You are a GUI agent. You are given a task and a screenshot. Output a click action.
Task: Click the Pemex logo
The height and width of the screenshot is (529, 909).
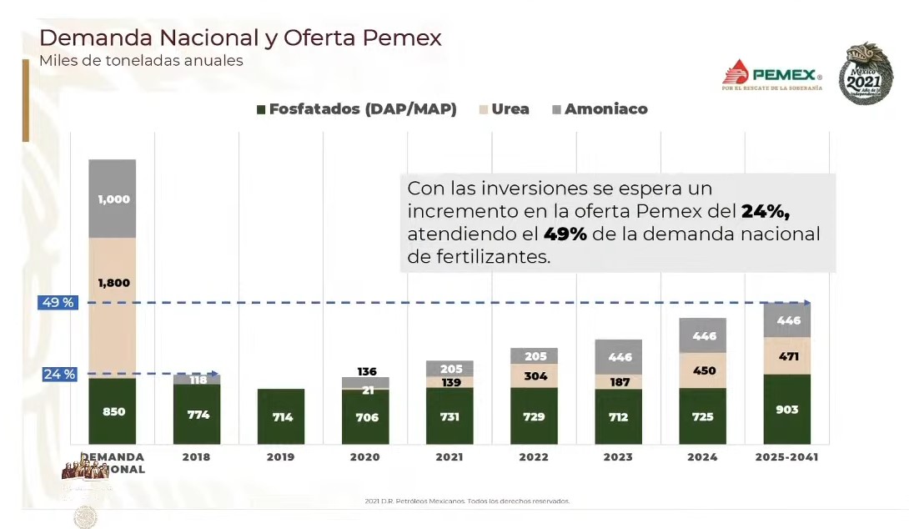(x=771, y=74)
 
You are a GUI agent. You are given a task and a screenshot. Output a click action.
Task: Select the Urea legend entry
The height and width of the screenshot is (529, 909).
(x=504, y=109)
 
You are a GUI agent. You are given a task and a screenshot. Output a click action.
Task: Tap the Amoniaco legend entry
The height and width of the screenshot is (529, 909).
(x=600, y=109)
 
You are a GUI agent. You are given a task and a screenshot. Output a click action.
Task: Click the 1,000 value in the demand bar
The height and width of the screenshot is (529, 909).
(x=113, y=199)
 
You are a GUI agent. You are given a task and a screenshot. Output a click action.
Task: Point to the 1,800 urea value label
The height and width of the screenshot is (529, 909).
(x=113, y=283)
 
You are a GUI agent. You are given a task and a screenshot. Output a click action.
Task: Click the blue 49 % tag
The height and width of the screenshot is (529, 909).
(x=58, y=302)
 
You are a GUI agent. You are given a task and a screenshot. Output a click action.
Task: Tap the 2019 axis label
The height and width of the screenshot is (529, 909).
(x=280, y=457)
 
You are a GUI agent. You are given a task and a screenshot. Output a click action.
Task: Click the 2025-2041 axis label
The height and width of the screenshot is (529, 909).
(x=786, y=457)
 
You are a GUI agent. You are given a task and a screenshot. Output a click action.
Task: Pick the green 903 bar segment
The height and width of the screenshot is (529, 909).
(x=786, y=410)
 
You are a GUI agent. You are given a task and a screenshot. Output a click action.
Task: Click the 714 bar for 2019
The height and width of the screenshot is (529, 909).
(x=281, y=416)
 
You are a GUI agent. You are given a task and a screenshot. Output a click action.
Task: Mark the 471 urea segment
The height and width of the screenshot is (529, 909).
(x=787, y=356)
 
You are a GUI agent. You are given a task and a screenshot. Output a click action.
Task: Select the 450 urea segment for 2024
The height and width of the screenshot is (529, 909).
(x=702, y=370)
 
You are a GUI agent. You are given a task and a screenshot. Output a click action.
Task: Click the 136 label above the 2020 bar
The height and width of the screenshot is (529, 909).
(x=365, y=371)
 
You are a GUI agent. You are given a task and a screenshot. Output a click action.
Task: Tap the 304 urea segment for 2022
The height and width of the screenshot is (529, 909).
(x=535, y=375)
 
